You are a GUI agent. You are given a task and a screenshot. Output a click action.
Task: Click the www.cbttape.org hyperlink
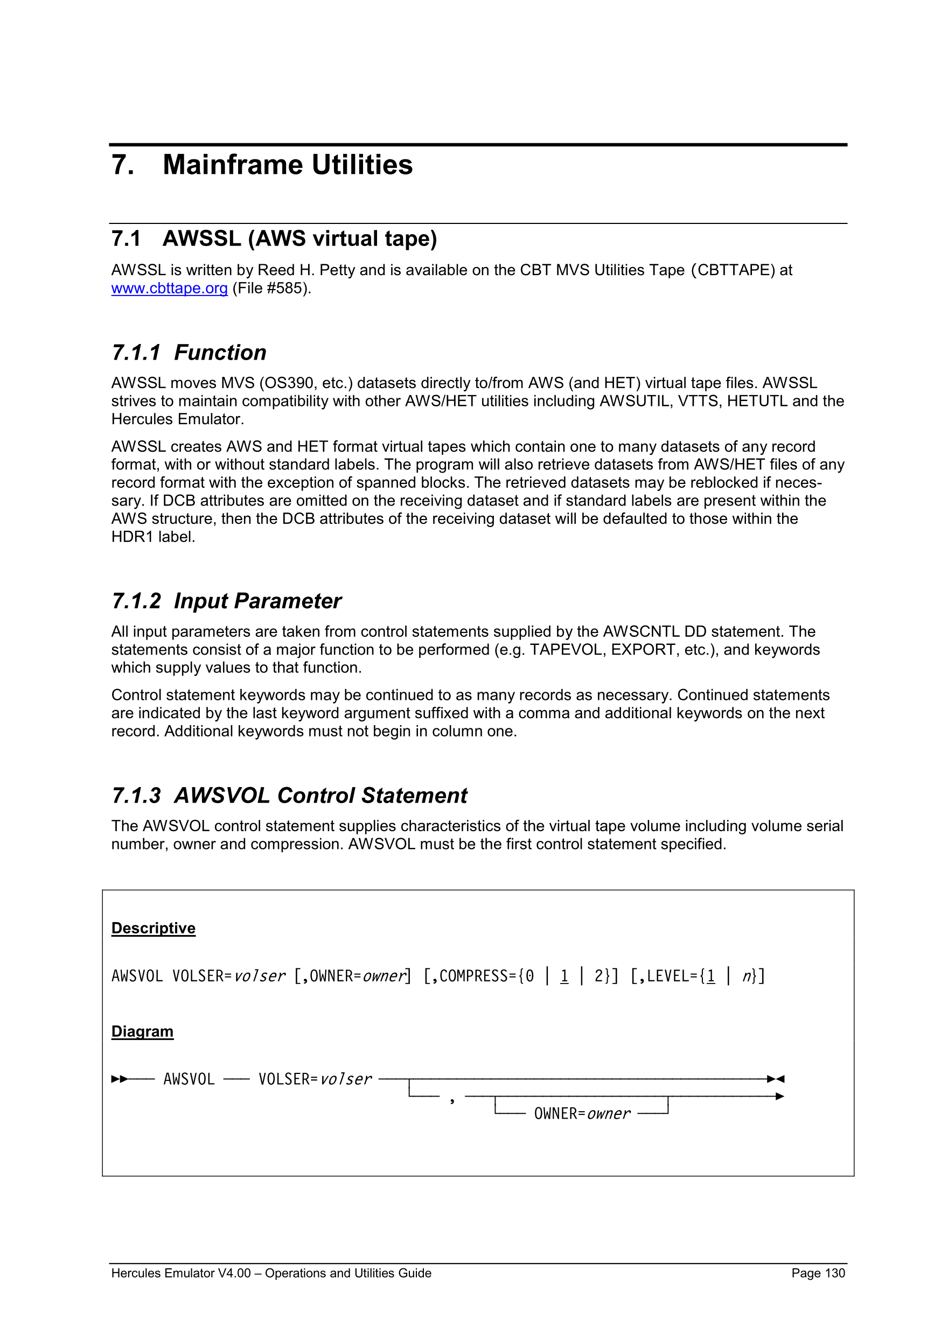pos(169,288)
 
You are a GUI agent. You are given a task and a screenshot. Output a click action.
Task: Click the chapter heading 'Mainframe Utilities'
pos(288,165)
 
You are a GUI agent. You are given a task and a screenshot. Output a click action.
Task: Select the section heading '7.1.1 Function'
pos(189,353)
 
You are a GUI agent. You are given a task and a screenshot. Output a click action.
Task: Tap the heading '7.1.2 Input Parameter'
pos(226,601)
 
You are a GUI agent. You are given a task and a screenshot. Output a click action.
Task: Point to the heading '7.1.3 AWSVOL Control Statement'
pos(289,795)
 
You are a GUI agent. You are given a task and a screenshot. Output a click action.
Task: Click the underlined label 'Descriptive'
pos(153,928)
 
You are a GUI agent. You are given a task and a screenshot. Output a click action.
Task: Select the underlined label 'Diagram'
pos(142,1031)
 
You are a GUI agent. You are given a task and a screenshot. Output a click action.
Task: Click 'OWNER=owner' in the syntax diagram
pos(582,1114)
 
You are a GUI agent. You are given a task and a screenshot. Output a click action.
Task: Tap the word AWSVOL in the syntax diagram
pos(189,1079)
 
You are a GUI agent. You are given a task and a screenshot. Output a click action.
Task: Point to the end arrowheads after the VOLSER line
pos(776,1079)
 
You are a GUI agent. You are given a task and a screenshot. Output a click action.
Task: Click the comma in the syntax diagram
pos(452,1099)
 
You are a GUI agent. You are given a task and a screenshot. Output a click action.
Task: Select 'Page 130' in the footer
pos(818,1273)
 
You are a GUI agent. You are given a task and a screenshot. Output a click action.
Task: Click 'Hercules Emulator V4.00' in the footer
pos(180,1273)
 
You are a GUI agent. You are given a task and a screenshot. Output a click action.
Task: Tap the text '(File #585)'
pos(271,288)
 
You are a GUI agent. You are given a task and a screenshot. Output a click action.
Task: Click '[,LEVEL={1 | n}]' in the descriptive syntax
pos(697,976)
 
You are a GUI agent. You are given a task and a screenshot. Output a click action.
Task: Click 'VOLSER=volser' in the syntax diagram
pos(315,1079)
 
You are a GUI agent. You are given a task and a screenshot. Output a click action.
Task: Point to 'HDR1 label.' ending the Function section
pos(153,537)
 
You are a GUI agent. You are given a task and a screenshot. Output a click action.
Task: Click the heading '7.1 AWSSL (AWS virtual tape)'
pos(274,238)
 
